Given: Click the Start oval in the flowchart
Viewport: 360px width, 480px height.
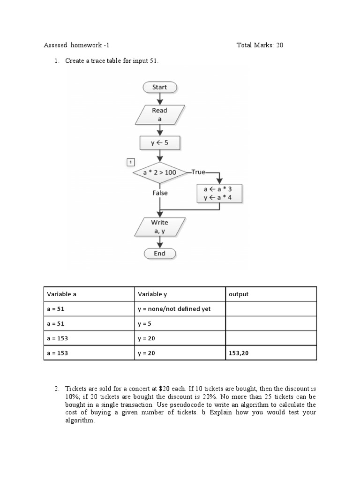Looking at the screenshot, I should [159, 87].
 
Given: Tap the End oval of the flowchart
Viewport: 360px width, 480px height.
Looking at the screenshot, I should [159, 253].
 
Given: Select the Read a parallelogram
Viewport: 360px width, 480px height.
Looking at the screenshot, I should [159, 115].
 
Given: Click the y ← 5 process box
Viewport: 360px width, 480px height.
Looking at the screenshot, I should [159, 143].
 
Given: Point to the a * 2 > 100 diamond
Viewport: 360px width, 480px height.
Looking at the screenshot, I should [159, 172].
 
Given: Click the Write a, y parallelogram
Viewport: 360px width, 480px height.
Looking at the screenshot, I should [159, 227].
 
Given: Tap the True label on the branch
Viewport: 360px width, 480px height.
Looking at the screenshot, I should [198, 172].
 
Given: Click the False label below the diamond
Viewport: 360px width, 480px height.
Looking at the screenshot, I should [159, 193].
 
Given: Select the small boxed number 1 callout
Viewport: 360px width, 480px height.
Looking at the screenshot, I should [131, 162].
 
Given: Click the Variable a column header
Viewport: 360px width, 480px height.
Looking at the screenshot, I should [61, 294].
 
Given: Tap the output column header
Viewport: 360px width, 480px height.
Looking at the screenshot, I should [239, 294].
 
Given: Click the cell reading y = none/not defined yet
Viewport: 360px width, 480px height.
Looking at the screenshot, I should [174, 309].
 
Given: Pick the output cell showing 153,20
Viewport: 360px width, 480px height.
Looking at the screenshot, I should [238, 353].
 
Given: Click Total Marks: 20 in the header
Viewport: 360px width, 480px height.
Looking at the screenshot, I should [260, 45].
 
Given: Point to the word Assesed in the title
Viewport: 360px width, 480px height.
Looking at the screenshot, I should [56, 45].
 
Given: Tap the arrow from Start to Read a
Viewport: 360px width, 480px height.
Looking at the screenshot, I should [159, 98].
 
